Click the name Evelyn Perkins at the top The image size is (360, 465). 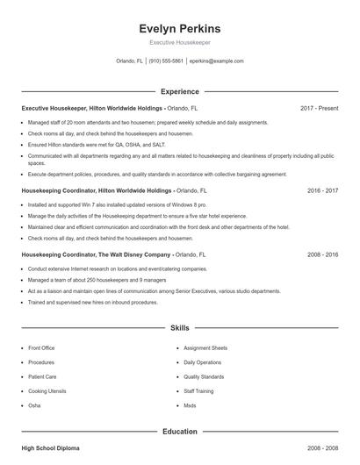click(179, 28)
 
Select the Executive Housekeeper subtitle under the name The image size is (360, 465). click(179, 42)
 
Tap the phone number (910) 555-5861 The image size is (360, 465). click(166, 61)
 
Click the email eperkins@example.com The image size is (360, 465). click(216, 61)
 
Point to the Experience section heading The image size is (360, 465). click(179, 91)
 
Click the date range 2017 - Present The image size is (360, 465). click(319, 108)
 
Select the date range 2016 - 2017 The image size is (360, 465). click(322, 190)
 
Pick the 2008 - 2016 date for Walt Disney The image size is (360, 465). click(322, 254)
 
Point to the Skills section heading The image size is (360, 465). click(179, 327)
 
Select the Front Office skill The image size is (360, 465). click(42, 347)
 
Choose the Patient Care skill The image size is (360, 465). click(42, 376)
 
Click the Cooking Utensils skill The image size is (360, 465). click(47, 390)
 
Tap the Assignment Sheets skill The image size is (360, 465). click(205, 347)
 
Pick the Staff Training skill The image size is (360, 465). click(198, 390)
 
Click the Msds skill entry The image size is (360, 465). click(190, 405)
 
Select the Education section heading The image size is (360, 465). click(179, 432)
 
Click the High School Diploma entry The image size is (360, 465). click(50, 448)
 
